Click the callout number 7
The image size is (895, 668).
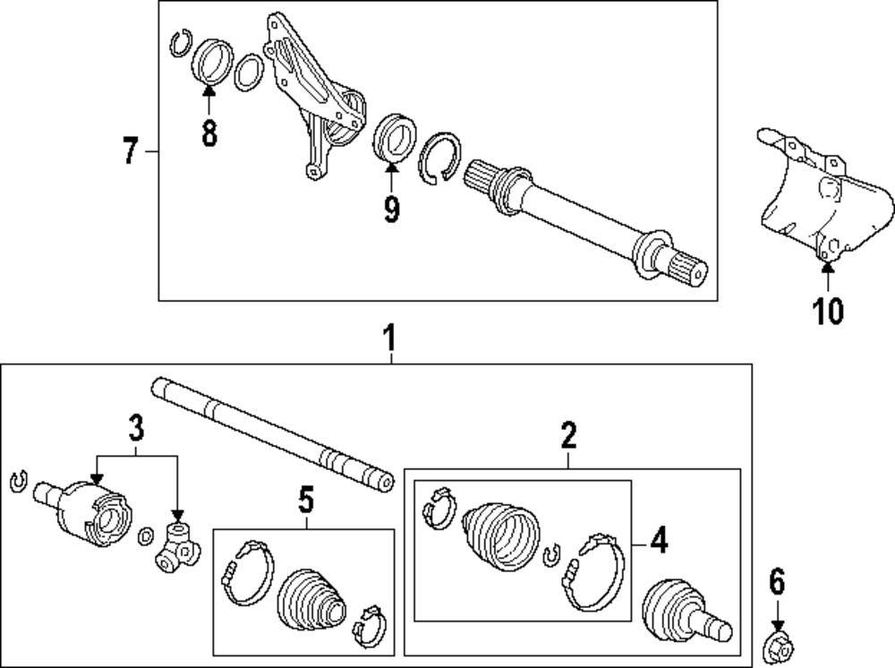pos(131,150)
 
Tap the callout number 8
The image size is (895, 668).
pos(209,133)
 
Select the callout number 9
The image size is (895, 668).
pos(392,209)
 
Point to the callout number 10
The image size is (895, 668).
pos(828,311)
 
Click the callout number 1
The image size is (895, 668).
pos(390,338)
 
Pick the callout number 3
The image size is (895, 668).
pos(136,428)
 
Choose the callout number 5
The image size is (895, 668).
pos(306,501)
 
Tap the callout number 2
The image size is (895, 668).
pos(568,435)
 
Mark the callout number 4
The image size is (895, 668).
pos(660,540)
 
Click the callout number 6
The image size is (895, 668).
pos(778,582)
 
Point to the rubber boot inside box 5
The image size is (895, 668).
pos(311,599)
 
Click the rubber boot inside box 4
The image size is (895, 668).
pos(500,535)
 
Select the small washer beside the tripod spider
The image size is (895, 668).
pos(146,535)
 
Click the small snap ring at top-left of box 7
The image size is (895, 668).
pos(182,43)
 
